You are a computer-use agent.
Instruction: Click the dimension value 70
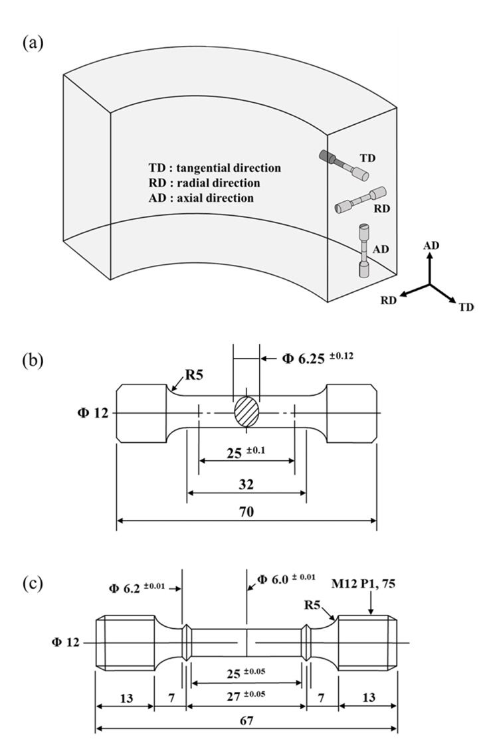click(x=247, y=511)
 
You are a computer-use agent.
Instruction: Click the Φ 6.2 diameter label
click(x=136, y=587)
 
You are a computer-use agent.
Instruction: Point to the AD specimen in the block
click(x=364, y=252)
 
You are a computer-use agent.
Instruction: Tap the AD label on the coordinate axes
click(x=431, y=245)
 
